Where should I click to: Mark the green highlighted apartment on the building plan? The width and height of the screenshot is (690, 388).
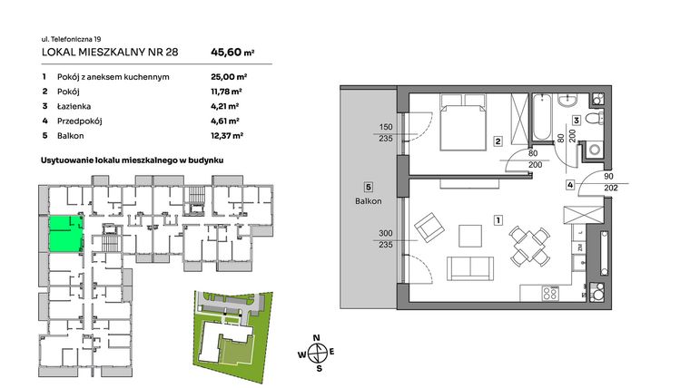64,233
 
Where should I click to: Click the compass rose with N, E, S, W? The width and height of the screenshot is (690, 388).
318,353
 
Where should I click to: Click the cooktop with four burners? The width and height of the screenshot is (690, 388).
553,293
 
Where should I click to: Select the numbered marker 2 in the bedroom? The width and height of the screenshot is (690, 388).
498,141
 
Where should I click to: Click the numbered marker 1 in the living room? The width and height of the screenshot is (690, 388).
498,220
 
